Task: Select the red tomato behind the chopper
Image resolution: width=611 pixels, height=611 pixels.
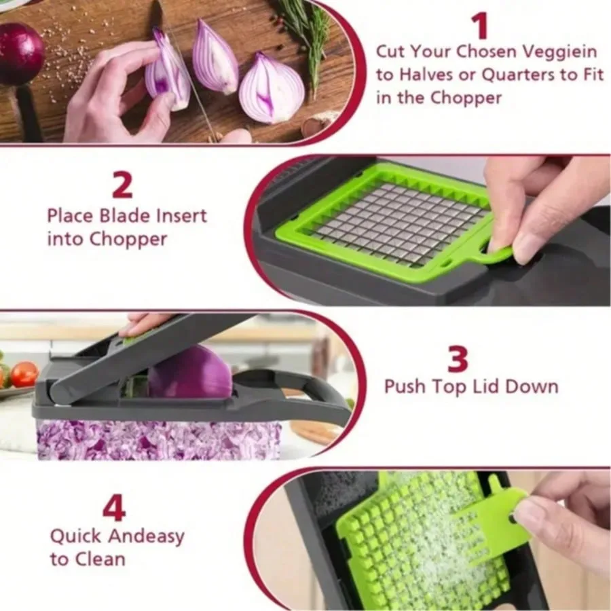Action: click(x=24, y=374)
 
